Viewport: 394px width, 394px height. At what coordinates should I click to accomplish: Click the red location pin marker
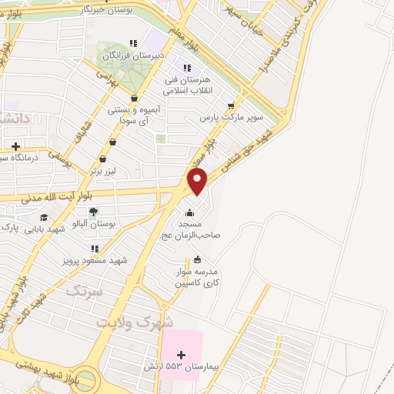[x=198, y=181]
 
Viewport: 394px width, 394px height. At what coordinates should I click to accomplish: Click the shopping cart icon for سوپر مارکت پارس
[x=231, y=106]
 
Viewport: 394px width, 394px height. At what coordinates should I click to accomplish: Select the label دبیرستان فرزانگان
[x=133, y=56]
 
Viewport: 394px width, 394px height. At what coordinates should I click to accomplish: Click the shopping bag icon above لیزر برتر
[x=114, y=142]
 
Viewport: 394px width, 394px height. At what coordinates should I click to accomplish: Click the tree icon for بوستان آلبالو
[x=92, y=211]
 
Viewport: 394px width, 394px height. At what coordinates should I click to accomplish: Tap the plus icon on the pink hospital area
[x=181, y=355]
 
